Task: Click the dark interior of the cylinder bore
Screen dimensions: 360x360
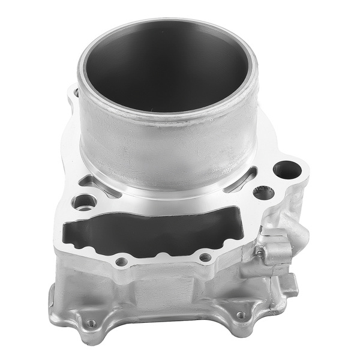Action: (165, 66)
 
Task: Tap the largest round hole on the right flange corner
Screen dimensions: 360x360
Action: (287, 170)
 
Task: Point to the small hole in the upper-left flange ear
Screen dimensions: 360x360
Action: (74, 94)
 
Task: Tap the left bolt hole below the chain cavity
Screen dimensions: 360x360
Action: (122, 262)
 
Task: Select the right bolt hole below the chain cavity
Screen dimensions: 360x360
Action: (205, 257)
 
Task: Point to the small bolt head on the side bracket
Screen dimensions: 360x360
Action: (262, 253)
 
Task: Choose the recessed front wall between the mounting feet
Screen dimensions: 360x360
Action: (162, 300)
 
